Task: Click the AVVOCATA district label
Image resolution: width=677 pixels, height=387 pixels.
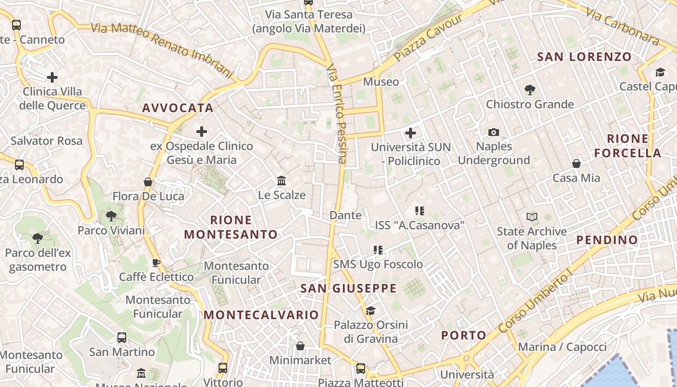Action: (178, 108)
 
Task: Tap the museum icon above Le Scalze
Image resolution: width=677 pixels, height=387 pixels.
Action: (281, 181)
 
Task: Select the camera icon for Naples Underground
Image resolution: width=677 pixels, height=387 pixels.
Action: (493, 132)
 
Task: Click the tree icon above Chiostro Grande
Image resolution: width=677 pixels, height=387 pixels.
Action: (530, 89)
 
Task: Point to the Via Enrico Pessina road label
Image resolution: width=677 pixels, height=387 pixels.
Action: (337, 114)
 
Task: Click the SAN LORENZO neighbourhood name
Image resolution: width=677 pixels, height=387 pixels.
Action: (584, 57)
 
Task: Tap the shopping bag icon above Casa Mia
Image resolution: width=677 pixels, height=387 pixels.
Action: (576, 164)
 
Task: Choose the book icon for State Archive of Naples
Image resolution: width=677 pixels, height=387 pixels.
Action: (532, 217)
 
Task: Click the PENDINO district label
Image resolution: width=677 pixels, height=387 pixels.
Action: (607, 240)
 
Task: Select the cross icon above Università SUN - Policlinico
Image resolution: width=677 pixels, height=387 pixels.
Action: (411, 133)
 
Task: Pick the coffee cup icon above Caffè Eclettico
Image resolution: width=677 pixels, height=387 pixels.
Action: (156, 263)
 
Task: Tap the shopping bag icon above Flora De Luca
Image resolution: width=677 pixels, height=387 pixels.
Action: (148, 182)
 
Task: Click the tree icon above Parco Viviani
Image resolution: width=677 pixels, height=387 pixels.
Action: (111, 216)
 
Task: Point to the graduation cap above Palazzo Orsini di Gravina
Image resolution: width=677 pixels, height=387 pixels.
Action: (370, 311)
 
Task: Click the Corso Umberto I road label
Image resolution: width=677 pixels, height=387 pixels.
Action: (535, 303)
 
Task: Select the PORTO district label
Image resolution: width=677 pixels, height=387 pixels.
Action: (464, 335)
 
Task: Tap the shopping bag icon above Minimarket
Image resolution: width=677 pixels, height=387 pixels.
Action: (300, 346)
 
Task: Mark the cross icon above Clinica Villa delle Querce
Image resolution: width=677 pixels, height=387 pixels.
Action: (52, 77)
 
